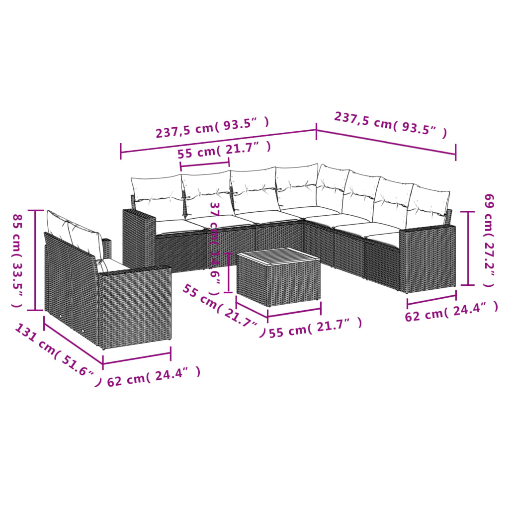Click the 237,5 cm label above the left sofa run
point(213,128)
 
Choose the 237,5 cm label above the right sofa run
point(390,124)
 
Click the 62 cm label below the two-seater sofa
point(154,376)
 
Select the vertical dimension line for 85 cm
point(35,260)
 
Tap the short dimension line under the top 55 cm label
point(205,163)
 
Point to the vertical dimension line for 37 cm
point(228,272)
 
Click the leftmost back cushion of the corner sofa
point(157,196)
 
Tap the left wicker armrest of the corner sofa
point(139,239)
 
